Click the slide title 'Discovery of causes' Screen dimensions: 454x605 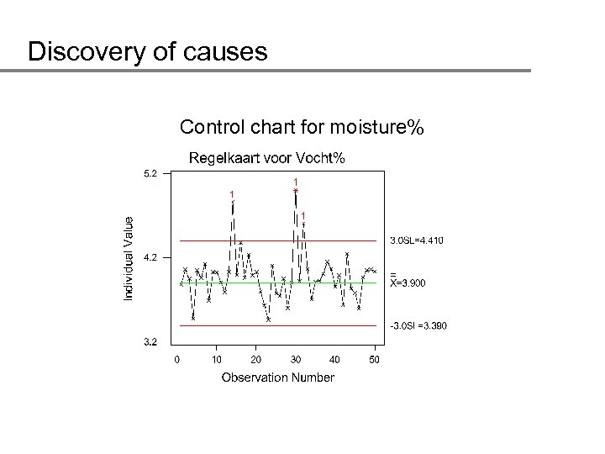(x=147, y=53)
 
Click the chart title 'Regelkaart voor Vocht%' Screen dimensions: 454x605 (x=266, y=157)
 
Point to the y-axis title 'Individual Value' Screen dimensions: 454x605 (x=129, y=257)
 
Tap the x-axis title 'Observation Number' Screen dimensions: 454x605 (x=277, y=377)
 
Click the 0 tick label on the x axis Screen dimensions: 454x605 (x=176, y=360)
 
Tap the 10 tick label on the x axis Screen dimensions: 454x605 (x=216, y=360)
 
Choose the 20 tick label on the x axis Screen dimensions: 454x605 (x=255, y=360)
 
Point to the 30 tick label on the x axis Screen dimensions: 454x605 (x=296, y=360)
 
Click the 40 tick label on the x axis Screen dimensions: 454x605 (x=335, y=360)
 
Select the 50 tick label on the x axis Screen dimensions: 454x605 (x=375, y=360)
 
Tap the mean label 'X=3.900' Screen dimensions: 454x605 (x=408, y=283)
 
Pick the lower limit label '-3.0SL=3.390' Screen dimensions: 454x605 (x=416, y=325)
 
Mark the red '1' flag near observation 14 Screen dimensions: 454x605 (x=232, y=194)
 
